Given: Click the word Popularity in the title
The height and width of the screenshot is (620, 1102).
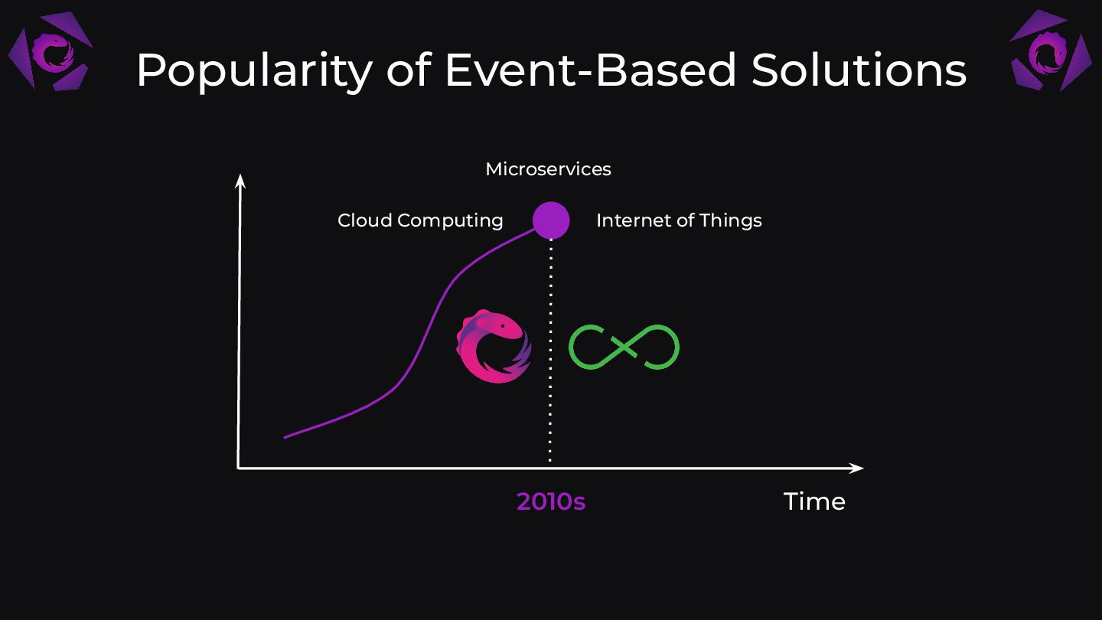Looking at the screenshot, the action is point(254,72).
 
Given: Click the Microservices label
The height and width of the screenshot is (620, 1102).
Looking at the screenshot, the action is point(548,169).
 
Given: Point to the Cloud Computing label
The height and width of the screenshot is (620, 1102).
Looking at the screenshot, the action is point(420,220).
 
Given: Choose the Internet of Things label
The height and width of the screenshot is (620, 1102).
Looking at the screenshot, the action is point(679,220).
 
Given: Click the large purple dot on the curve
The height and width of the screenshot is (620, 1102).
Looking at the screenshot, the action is point(551,220).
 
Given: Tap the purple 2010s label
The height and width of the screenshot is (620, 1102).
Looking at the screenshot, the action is point(551,502).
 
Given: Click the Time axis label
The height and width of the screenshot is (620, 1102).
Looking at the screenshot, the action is point(814,502).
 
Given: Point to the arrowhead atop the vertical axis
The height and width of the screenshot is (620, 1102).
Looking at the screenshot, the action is point(240,181).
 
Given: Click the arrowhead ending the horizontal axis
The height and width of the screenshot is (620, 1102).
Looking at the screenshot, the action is point(856,468).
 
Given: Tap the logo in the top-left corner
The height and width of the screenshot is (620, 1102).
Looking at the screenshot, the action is point(51,51).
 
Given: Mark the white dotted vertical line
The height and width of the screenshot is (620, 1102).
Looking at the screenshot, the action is point(550,351).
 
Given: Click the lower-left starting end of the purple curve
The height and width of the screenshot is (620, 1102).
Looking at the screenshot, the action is point(285,438).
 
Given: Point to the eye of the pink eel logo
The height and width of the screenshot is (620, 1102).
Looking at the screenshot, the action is point(503,326).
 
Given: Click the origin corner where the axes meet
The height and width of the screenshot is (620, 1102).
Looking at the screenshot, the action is point(238,468).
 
